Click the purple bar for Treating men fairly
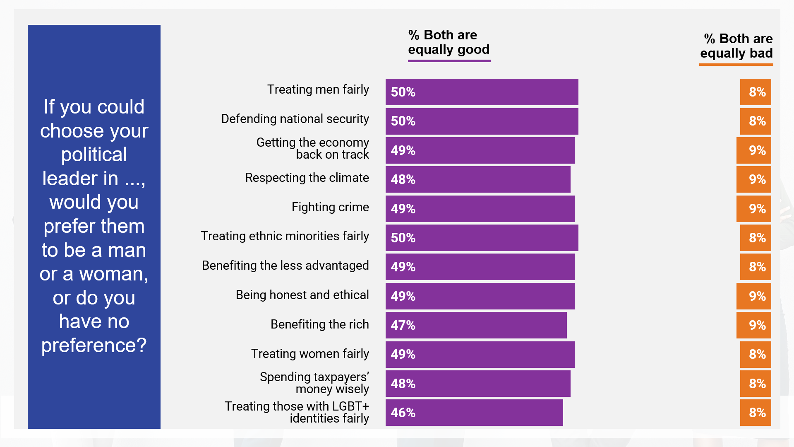point(482,92)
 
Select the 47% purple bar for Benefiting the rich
point(476,325)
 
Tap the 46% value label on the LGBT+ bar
point(403,413)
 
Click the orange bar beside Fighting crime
point(753,209)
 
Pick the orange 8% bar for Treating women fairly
point(756,355)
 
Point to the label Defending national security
point(295,119)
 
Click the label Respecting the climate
point(307,178)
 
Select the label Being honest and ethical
point(302,295)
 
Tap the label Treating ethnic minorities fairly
point(285,236)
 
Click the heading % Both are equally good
point(449,42)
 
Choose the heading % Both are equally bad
point(736,46)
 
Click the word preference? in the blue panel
point(94,345)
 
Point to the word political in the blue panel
point(94,155)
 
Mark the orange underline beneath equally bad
point(736,65)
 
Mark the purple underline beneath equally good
point(449,61)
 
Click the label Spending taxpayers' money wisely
point(314,383)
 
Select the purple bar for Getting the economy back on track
point(480,150)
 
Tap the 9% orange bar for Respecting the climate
point(753,179)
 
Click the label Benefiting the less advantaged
point(285,266)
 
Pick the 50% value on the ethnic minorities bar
point(403,238)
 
